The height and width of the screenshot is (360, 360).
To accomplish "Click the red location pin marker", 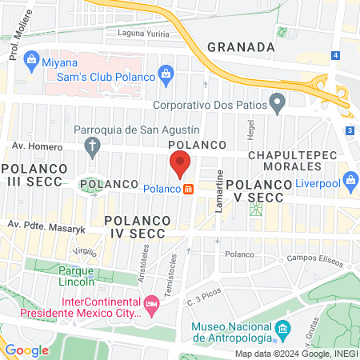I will pyautogui.click(x=181, y=165).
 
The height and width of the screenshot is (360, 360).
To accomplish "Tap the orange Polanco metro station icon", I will pyautogui.click(x=189, y=190).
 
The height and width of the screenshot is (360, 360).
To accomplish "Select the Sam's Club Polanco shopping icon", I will pyautogui.click(x=166, y=75).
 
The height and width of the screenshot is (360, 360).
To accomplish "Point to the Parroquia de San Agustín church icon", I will pyautogui.click(x=93, y=146).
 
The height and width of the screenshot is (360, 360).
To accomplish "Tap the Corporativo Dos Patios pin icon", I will pyautogui.click(x=277, y=102).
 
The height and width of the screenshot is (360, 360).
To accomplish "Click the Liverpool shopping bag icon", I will pyautogui.click(x=349, y=178).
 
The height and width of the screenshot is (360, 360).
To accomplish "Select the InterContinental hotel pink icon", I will pyautogui.click(x=151, y=304).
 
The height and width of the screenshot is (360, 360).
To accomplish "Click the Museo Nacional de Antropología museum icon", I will pyautogui.click(x=282, y=329).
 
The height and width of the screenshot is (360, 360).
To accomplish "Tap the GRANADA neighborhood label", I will pyautogui.click(x=241, y=46).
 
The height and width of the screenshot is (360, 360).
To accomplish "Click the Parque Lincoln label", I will pyautogui.click(x=77, y=276).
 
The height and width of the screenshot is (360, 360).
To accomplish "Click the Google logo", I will pyautogui.click(x=26, y=350).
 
